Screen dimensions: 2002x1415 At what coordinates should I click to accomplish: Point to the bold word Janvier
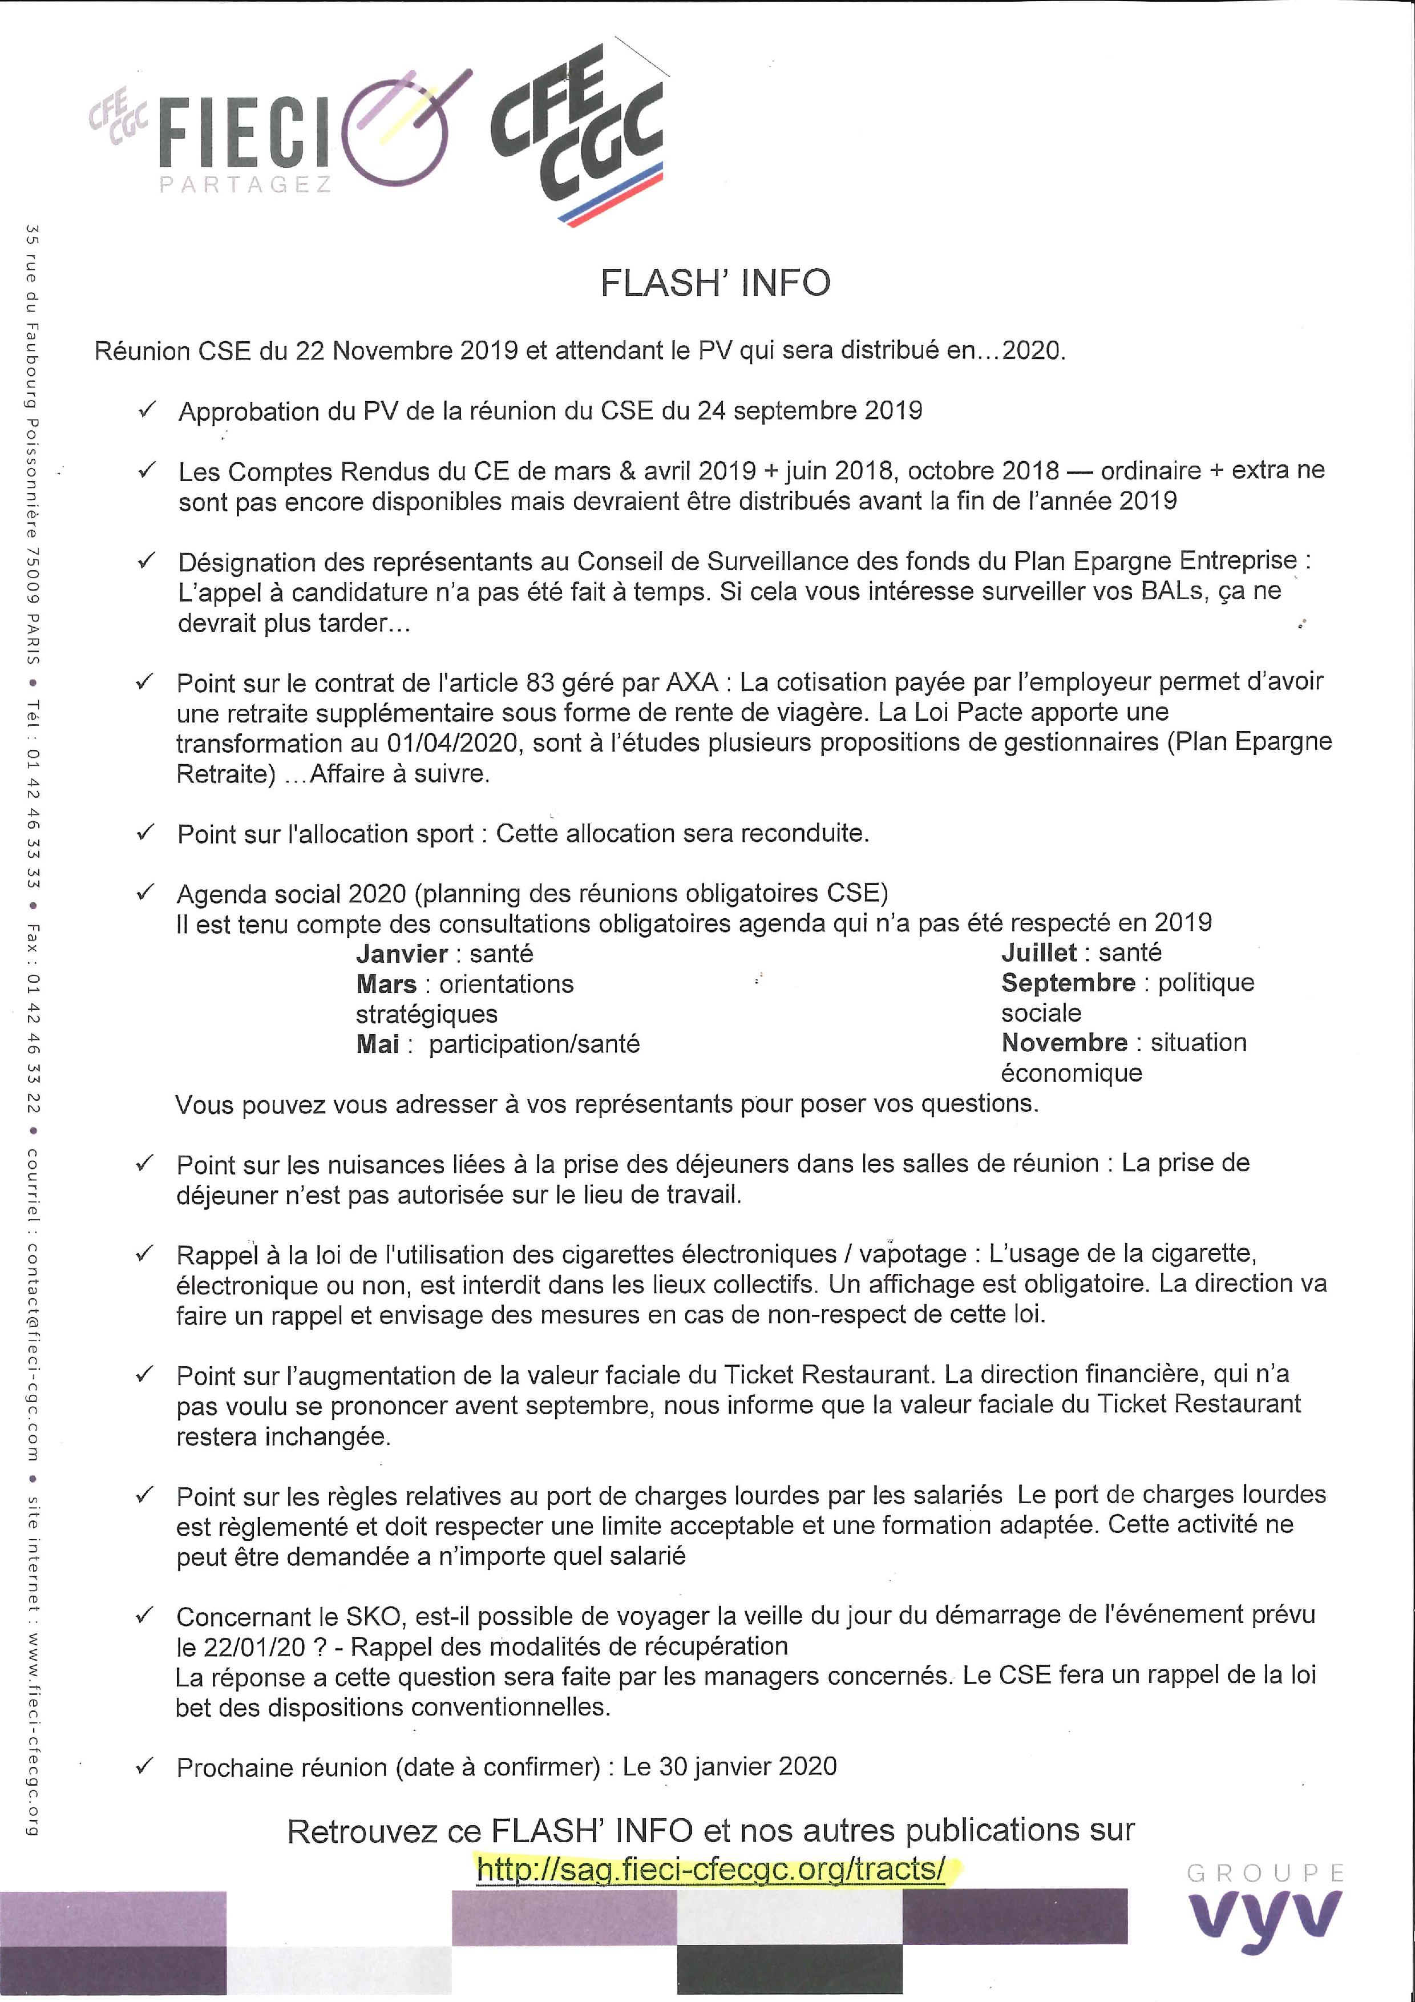(402, 954)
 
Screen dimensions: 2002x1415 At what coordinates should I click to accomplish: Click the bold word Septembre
(1068, 983)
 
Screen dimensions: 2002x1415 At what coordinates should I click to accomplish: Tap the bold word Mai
(378, 1044)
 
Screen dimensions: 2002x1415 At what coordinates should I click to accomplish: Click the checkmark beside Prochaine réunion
(145, 1766)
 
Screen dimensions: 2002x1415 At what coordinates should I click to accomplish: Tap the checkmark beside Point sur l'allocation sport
(145, 833)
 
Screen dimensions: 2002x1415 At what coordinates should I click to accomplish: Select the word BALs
(1174, 592)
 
